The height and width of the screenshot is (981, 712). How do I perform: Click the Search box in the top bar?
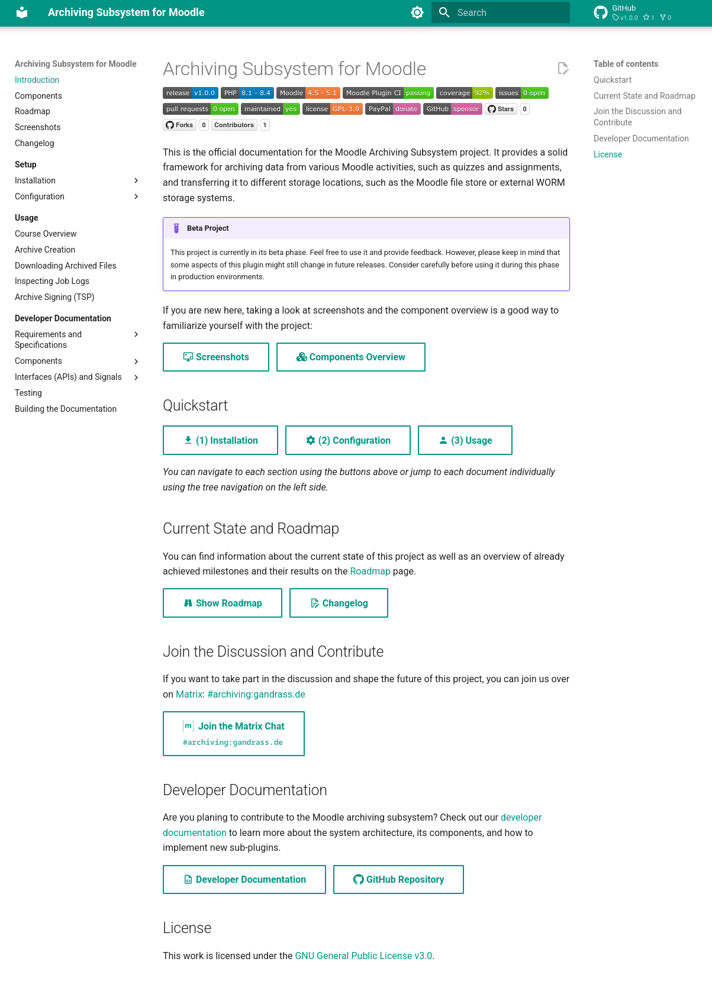[x=509, y=12]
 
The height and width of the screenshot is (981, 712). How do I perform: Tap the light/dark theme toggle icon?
[x=417, y=12]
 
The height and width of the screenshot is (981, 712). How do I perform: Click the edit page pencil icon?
[x=563, y=69]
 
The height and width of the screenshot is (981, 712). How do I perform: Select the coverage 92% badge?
[x=464, y=93]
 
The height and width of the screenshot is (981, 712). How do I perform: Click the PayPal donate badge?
[x=392, y=109]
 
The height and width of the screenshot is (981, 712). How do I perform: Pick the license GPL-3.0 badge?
[x=332, y=109]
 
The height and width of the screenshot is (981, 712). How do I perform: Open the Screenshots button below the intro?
[x=216, y=357]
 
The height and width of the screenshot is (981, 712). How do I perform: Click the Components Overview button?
[x=351, y=357]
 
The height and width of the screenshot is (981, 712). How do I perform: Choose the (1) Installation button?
[x=220, y=440]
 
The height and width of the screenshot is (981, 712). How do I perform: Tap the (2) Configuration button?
[x=348, y=440]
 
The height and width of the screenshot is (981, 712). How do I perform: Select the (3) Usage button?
[x=465, y=440]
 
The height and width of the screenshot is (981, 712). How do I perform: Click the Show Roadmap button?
[x=223, y=603]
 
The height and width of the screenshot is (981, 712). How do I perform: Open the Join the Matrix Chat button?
[x=234, y=734]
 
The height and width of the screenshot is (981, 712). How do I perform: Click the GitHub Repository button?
[x=398, y=880]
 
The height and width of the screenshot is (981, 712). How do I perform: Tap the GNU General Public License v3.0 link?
[x=363, y=956]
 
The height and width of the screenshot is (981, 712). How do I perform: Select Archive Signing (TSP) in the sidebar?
[x=54, y=297]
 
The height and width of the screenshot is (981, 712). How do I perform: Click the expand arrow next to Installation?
[x=136, y=180]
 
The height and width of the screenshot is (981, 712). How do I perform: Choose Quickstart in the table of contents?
[x=613, y=80]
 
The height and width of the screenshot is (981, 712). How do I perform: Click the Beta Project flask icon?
[x=176, y=228]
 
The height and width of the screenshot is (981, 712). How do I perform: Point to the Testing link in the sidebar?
[x=28, y=393]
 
